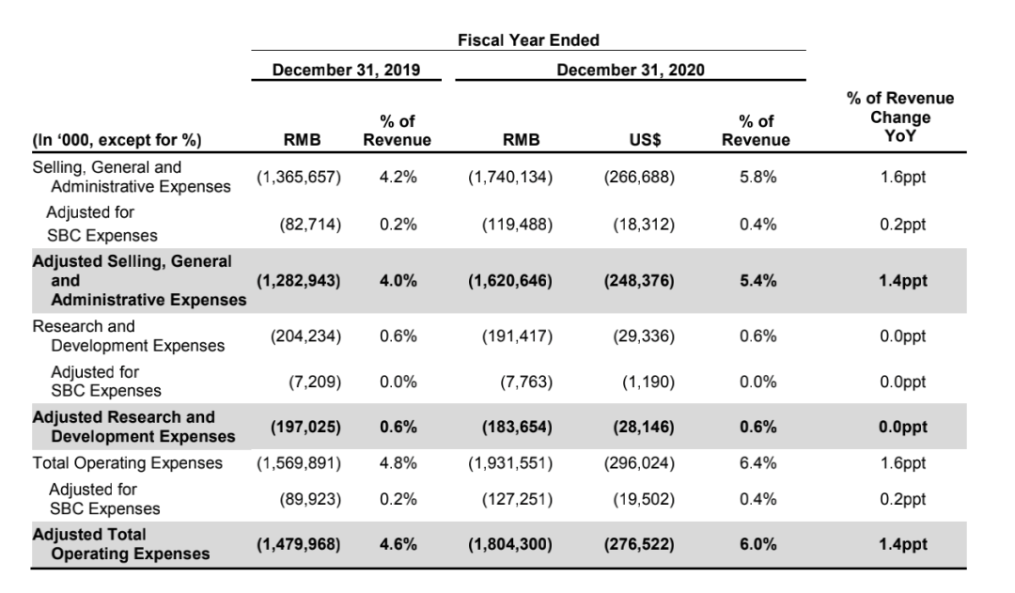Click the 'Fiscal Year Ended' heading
coord(528,40)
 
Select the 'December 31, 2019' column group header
coord(346,70)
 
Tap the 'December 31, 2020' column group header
coord(631,70)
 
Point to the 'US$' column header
coord(645,140)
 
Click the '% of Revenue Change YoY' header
coord(899,117)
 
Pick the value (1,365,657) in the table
coord(299,177)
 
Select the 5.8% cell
coord(758,177)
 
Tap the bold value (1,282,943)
coord(299,281)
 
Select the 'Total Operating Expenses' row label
coord(128,463)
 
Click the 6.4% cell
coord(758,463)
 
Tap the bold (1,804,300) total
coord(510,544)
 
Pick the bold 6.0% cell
coord(758,544)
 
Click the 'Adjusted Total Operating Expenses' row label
coord(121,544)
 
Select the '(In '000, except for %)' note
coord(117,140)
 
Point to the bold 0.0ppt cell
coord(903,428)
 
